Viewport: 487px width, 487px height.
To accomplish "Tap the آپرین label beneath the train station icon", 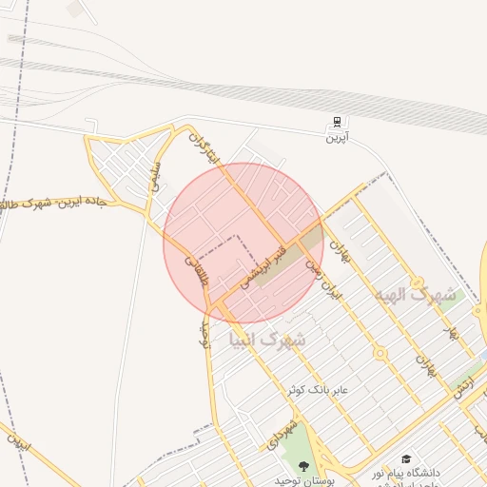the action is pos(338,138).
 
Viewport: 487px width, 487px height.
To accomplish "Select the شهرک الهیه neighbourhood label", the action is pos(415,295).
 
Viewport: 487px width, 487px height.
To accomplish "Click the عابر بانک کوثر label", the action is pos(320,390).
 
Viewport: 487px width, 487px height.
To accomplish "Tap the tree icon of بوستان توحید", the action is pos(304,466).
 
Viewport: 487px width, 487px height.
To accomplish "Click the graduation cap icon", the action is pos(406,459).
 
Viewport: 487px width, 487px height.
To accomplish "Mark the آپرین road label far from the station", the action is pos(18,443).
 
